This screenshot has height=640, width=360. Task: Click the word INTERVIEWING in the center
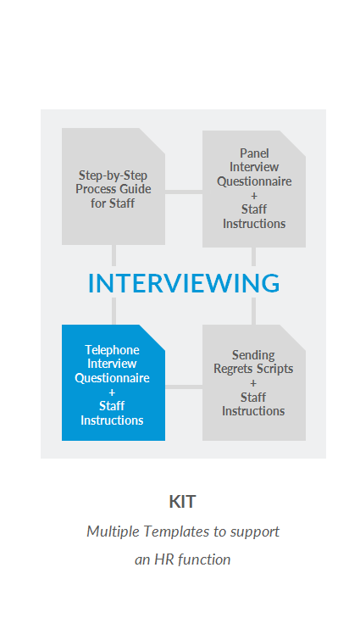pyautogui.click(x=184, y=283)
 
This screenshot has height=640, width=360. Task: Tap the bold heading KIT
pyautogui.click(x=183, y=502)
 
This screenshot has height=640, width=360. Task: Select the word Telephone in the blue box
pyautogui.click(x=112, y=350)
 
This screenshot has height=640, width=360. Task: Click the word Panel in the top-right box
pyautogui.click(x=254, y=153)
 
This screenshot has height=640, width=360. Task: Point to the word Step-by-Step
pyautogui.click(x=113, y=175)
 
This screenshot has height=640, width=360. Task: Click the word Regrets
pyautogui.click(x=233, y=369)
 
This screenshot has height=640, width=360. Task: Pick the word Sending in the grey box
pyautogui.click(x=253, y=355)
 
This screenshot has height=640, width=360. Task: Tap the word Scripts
pyautogui.click(x=274, y=369)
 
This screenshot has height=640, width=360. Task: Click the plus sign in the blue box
pyautogui.click(x=112, y=392)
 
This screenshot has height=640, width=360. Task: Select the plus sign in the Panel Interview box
pyautogui.click(x=254, y=196)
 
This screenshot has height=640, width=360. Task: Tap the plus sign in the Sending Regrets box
pyautogui.click(x=253, y=383)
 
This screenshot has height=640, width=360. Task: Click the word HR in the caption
pyautogui.click(x=163, y=559)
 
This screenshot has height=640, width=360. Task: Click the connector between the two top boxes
pyautogui.click(x=184, y=192)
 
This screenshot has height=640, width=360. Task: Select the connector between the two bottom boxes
pyautogui.click(x=184, y=387)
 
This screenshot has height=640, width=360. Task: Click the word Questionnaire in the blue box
pyautogui.click(x=112, y=378)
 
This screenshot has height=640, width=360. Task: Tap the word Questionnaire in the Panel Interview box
pyautogui.click(x=254, y=181)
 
